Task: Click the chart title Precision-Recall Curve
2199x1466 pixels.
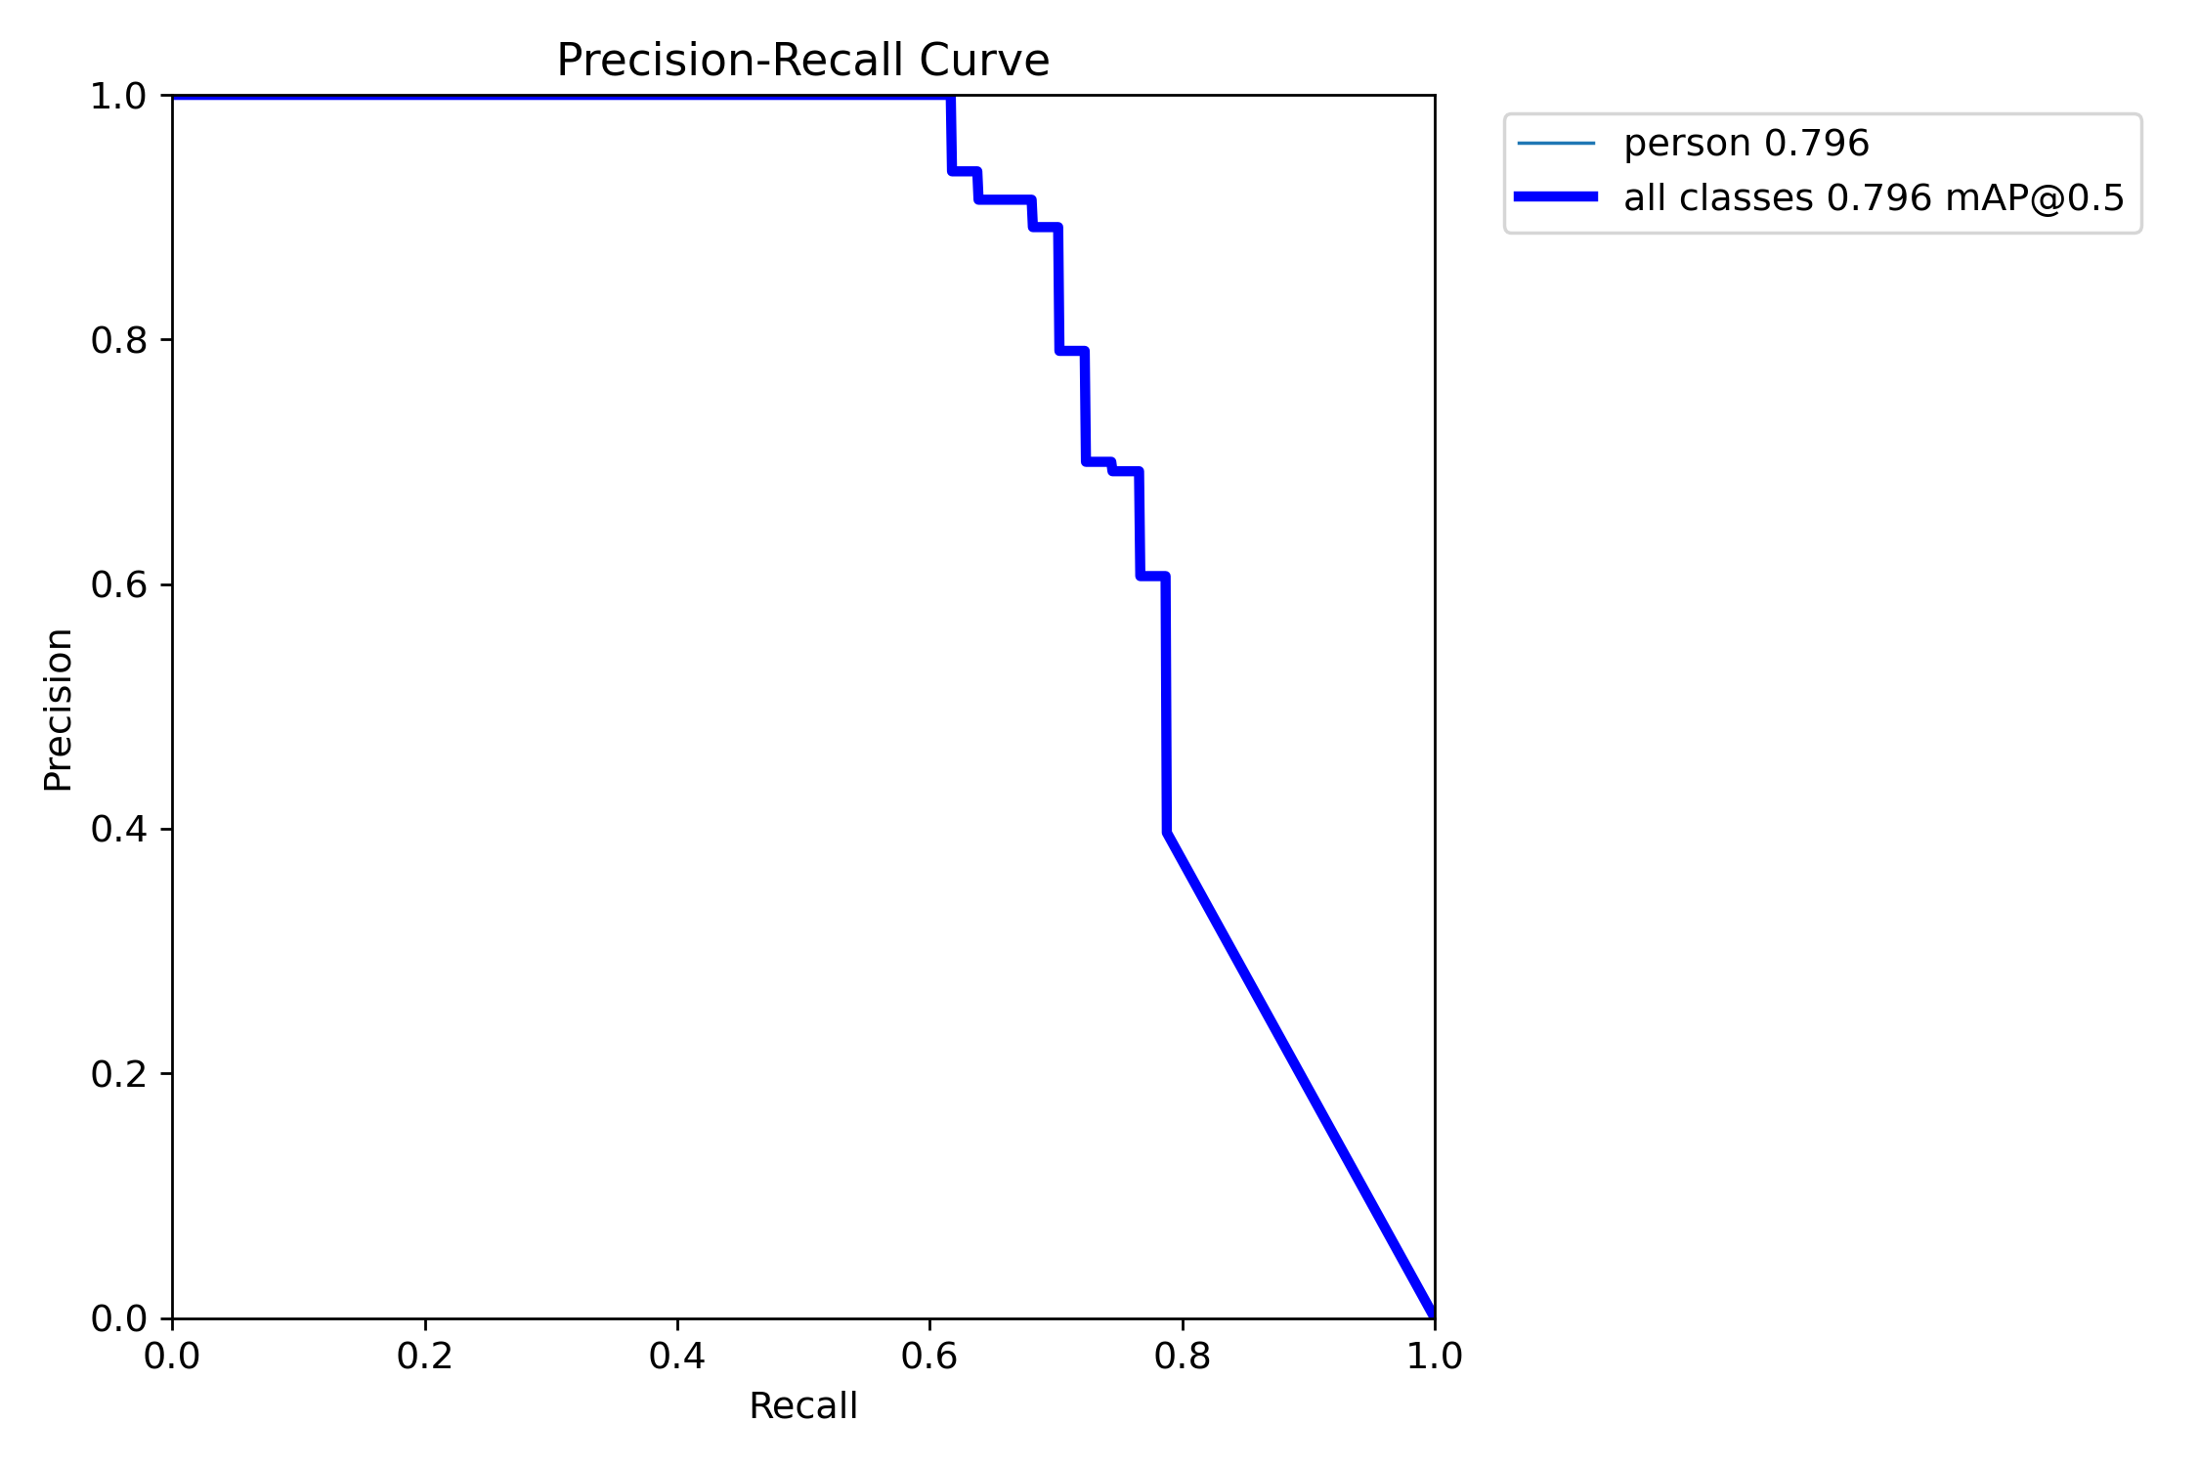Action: [802, 61]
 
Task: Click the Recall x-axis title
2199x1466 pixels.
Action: [802, 1406]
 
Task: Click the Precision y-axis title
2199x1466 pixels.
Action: [59, 709]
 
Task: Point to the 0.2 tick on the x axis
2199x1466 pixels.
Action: [425, 1356]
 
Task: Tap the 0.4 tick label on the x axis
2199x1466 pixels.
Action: [677, 1356]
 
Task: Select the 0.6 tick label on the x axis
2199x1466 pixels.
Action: [929, 1356]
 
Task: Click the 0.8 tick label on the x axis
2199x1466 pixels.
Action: [1183, 1356]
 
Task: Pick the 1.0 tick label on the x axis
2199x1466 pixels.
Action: [1435, 1356]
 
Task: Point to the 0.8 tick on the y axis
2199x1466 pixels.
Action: [118, 340]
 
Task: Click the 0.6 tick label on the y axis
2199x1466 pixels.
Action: [118, 584]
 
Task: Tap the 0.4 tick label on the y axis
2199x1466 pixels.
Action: [118, 829]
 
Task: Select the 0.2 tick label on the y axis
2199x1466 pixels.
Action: [118, 1074]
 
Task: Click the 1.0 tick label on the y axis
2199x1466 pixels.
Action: [118, 96]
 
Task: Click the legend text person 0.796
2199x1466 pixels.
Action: [1746, 144]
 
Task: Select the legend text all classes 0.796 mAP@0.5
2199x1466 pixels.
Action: [1874, 198]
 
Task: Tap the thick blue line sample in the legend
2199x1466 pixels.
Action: [1556, 197]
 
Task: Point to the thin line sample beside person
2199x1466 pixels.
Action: [1556, 144]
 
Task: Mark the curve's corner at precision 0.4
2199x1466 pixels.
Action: [1167, 832]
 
